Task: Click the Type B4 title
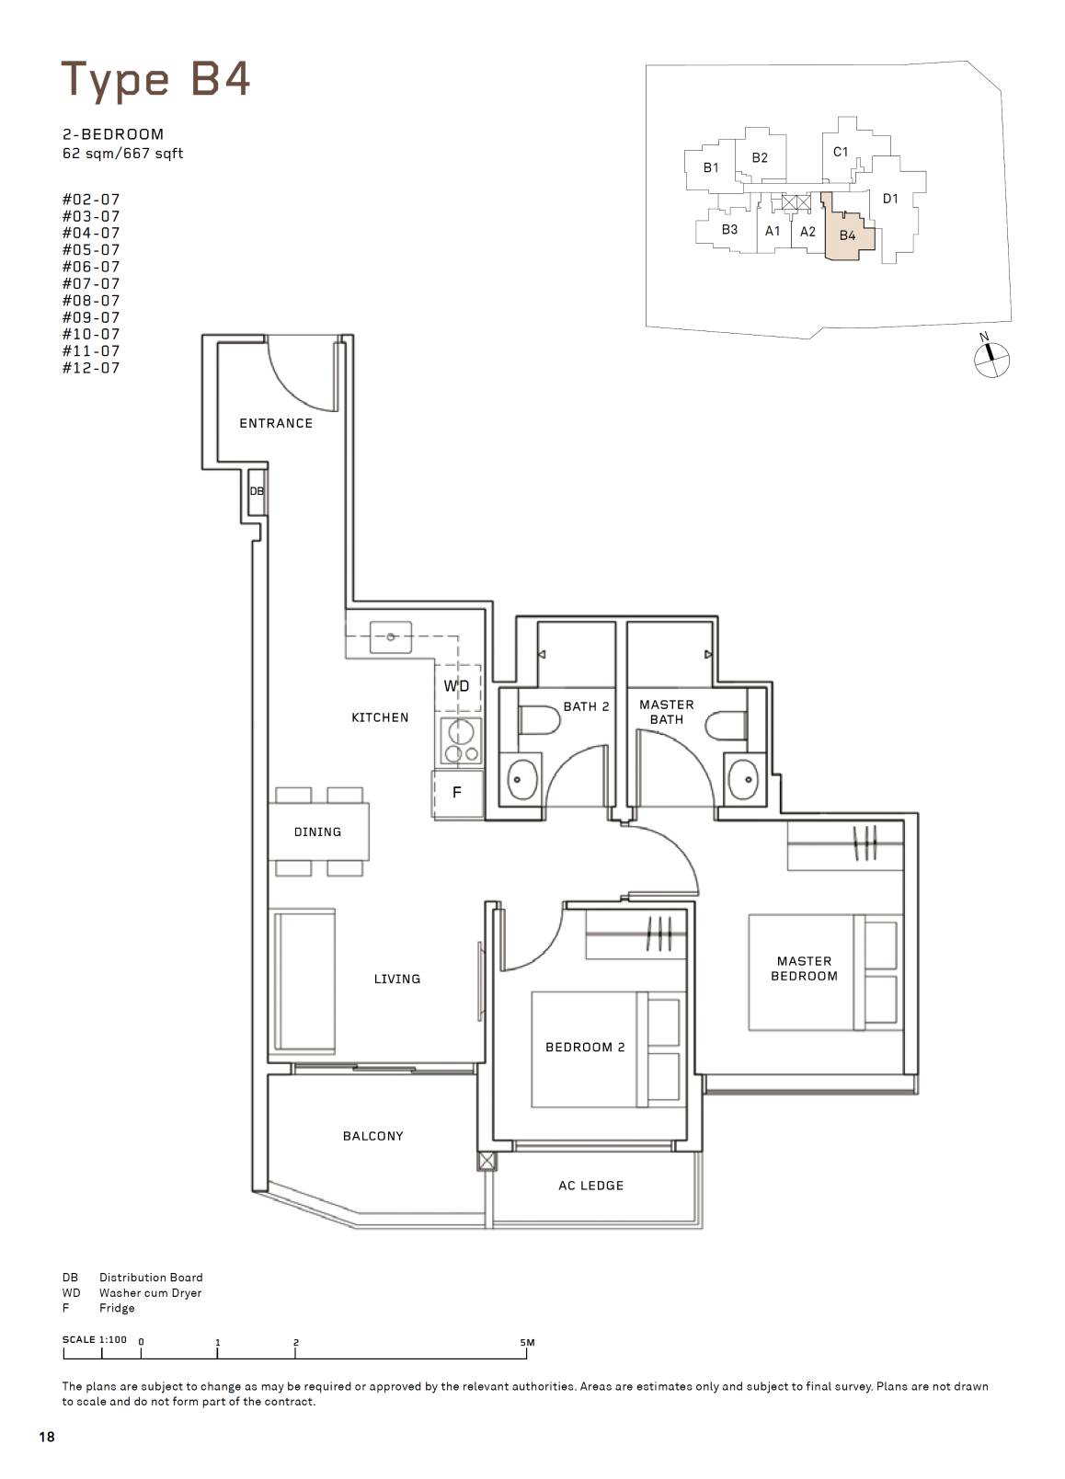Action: click(155, 80)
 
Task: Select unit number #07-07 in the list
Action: click(91, 284)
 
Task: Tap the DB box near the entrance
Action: click(257, 491)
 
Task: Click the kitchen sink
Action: click(391, 636)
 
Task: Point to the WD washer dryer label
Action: click(456, 686)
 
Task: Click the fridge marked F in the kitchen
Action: click(458, 793)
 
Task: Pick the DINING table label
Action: click(317, 831)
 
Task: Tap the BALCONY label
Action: click(373, 1136)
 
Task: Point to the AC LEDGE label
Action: click(591, 1186)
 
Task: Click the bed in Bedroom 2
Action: click(606, 1049)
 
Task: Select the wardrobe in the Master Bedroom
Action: click(845, 845)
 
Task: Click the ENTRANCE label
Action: click(276, 423)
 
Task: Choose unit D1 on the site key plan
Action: click(890, 198)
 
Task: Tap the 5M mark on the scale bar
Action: click(527, 1342)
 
